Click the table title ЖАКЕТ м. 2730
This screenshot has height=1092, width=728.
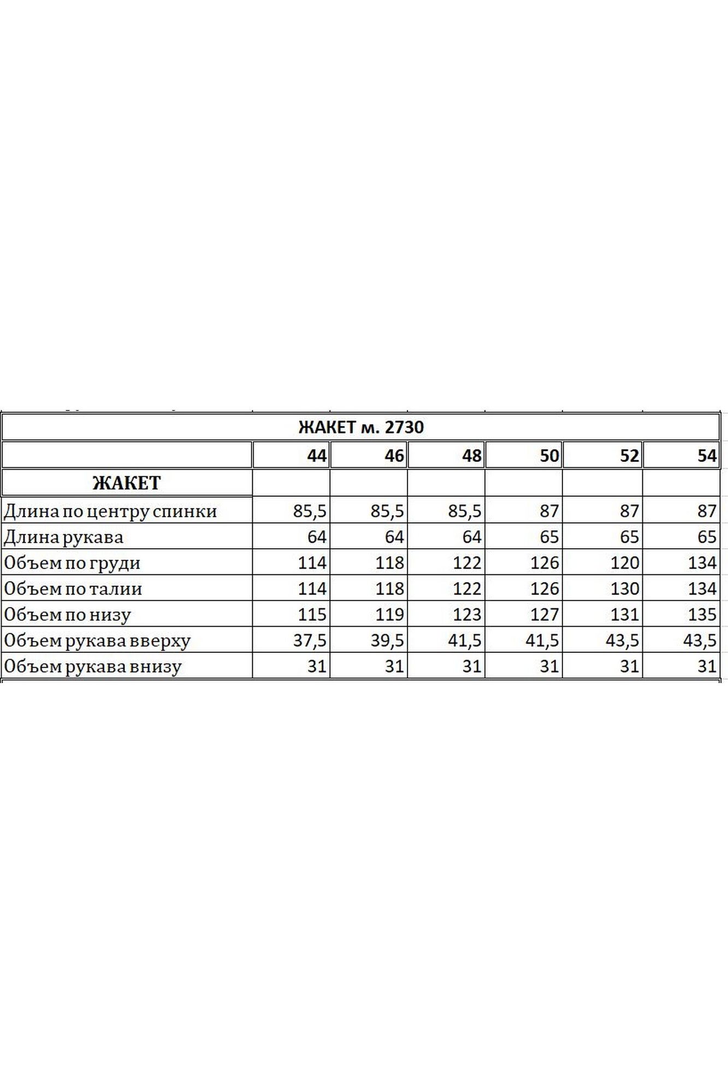[361, 427]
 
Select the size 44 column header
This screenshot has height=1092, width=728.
[316, 455]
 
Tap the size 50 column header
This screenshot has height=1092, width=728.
[549, 455]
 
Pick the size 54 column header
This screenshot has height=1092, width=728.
[706, 455]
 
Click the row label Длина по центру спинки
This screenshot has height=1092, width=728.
[110, 511]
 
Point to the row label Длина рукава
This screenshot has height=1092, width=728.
[64, 537]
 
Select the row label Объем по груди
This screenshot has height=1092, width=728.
[72, 563]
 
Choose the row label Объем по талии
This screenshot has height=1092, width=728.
[73, 589]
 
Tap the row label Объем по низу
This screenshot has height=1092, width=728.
[68, 615]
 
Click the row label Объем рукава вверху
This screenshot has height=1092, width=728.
[97, 640]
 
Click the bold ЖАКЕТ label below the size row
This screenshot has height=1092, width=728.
[127, 483]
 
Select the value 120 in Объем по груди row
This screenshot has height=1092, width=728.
[624, 563]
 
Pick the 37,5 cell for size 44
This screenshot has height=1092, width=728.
[310, 640]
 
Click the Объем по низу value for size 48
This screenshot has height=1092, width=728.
[467, 615]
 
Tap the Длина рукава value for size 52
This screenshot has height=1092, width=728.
[629, 537]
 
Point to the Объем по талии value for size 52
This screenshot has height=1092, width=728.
[624, 589]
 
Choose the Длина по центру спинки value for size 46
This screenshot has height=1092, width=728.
[387, 511]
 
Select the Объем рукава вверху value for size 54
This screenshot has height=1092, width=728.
[700, 640]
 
